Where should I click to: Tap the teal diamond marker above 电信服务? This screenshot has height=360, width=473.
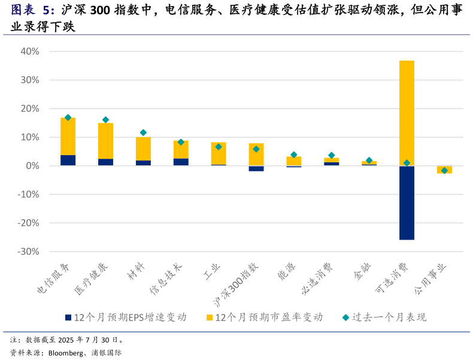68,117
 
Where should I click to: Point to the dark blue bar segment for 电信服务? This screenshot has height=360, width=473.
68,160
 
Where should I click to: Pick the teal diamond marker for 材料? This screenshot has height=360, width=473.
143,132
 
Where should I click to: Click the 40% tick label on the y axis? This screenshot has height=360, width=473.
30,52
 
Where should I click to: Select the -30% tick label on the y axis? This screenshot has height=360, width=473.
28,252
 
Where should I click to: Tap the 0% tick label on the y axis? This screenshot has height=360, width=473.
32,166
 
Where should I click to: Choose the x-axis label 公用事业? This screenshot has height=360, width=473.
430,279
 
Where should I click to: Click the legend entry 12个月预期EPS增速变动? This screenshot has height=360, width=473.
129,317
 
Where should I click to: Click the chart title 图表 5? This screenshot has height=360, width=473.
33,10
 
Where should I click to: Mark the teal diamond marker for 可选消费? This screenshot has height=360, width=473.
407,163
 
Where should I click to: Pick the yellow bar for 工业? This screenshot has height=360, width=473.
219,153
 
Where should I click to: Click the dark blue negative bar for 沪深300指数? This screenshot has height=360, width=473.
256,168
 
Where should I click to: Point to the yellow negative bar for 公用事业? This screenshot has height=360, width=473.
444,170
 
